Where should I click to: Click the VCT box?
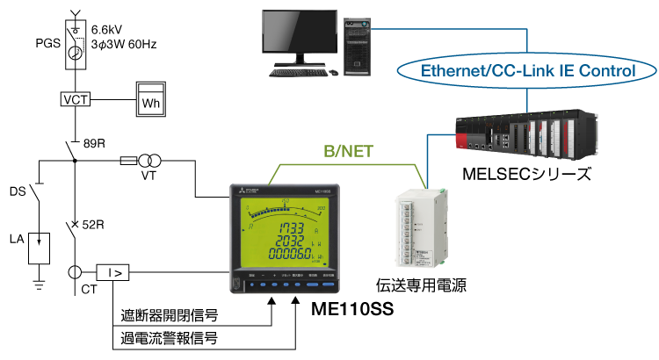(x=76, y=99)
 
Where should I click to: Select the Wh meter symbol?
(x=150, y=101)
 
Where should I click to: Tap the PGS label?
(x=49, y=41)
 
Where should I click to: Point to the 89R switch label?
(x=94, y=143)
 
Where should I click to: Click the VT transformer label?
(x=150, y=176)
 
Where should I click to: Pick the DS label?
(x=18, y=191)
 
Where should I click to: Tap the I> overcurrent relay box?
(x=114, y=274)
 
